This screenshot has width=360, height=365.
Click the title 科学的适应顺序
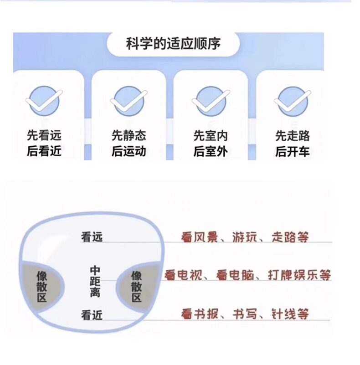pyautogui.click(x=173, y=45)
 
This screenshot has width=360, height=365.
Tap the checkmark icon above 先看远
pyautogui.click(x=44, y=101)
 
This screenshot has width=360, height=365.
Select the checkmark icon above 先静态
pyautogui.click(x=129, y=101)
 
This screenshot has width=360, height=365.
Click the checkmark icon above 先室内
pyautogui.click(x=211, y=101)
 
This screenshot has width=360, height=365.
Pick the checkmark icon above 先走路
pyautogui.click(x=292, y=101)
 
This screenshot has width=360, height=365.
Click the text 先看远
pyautogui.click(x=44, y=135)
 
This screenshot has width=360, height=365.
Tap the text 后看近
pyautogui.click(x=44, y=151)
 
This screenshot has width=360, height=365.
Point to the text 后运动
pyautogui.click(x=129, y=151)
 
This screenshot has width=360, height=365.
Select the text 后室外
pyautogui.click(x=211, y=151)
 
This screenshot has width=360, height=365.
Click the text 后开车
pyautogui.click(x=292, y=151)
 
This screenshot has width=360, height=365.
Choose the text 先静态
pyautogui.click(x=129, y=135)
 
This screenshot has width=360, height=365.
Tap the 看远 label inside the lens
pyautogui.click(x=92, y=236)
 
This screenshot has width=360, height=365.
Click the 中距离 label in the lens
pyautogui.click(x=95, y=281)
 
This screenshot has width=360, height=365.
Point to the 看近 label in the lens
pyautogui.click(x=92, y=314)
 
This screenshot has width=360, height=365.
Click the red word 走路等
pyautogui.click(x=290, y=236)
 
